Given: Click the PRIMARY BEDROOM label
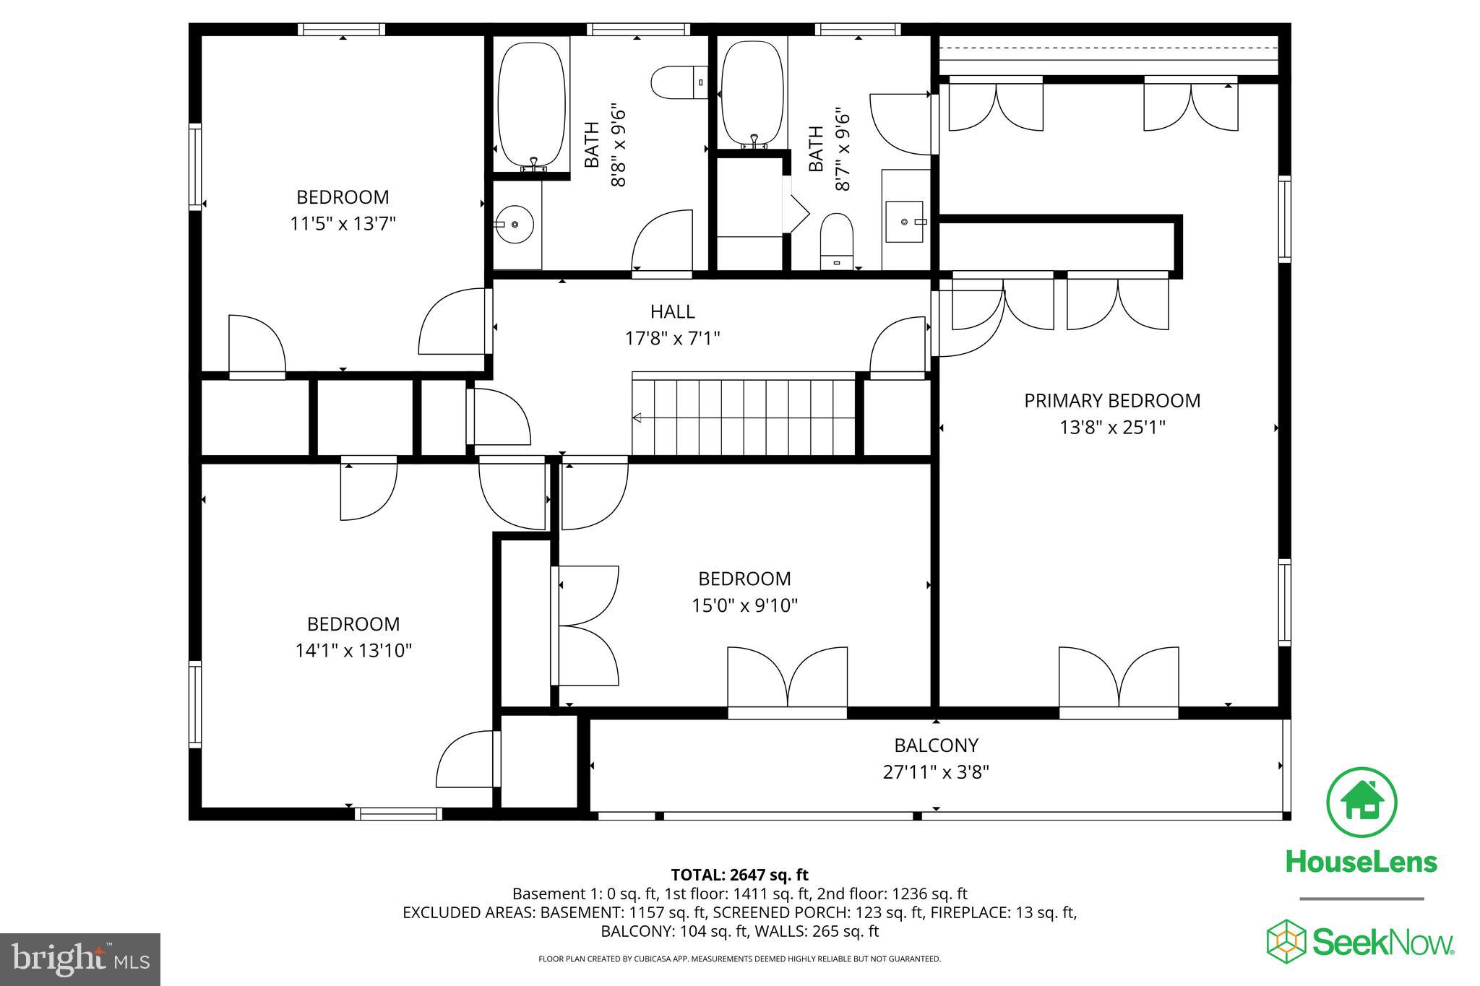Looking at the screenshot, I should [1111, 400].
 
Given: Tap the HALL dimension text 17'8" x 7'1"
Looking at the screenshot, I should [672, 338].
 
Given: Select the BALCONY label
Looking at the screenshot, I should [936, 745].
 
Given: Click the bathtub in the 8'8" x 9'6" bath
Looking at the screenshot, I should [532, 105].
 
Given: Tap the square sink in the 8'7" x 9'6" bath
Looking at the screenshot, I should [904, 222].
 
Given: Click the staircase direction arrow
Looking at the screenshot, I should [638, 418].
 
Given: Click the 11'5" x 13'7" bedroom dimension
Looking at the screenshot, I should [343, 224].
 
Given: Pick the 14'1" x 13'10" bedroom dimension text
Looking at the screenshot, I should [353, 651].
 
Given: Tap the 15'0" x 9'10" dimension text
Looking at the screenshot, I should [744, 605].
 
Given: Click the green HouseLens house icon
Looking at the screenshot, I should [1361, 803].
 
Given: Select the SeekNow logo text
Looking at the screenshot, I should [1381, 943].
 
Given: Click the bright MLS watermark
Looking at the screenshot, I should [80, 959].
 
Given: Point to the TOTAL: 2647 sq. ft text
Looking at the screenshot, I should [739, 875].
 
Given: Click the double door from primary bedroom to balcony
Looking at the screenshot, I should [1119, 679].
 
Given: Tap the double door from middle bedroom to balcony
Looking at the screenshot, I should [787, 679].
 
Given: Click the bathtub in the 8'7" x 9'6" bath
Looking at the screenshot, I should [752, 92].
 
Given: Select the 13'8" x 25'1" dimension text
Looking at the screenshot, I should [1111, 428].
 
